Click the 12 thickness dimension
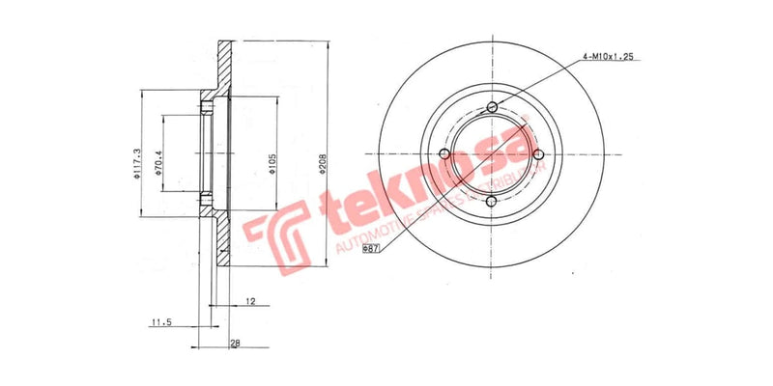[x=249, y=302]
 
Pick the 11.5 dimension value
[x=161, y=322]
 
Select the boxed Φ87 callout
[x=370, y=248]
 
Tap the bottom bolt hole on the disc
[x=491, y=202]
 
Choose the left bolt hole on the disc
[x=444, y=154]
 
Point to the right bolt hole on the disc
[x=538, y=154]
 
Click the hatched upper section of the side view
[x=223, y=72]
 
